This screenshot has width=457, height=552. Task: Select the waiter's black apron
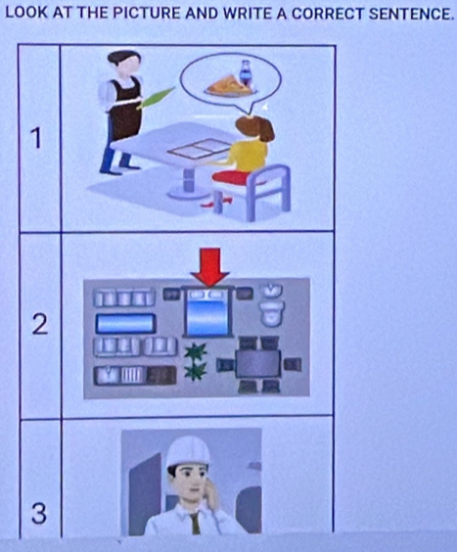pos(124,111)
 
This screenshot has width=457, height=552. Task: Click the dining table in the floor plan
pos(256,363)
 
